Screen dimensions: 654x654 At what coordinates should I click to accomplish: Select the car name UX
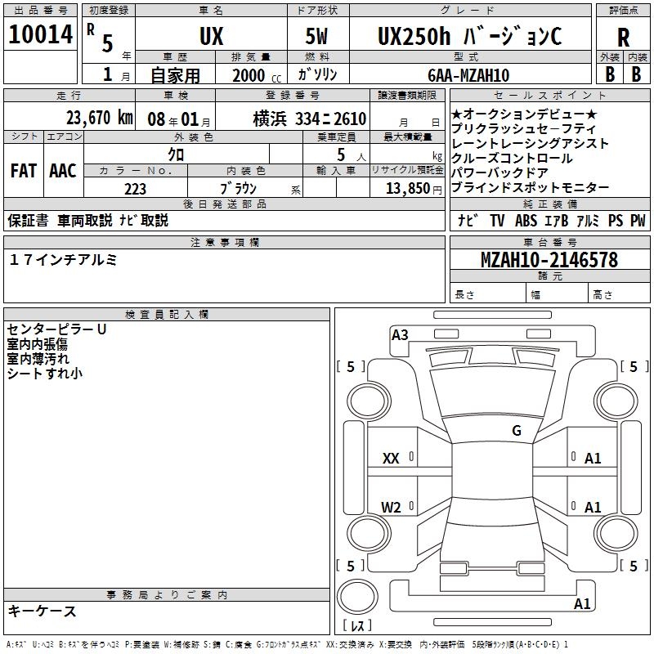point(211,37)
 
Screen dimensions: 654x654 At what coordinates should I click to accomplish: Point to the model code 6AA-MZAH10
point(469,75)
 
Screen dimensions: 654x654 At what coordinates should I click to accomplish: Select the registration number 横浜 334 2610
point(298,119)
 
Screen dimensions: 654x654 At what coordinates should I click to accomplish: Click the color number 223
point(136,189)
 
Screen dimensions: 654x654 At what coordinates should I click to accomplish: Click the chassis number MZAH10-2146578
point(549,261)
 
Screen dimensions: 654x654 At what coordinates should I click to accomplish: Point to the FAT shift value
point(23,170)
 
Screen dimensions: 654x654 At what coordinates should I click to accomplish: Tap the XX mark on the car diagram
point(391,459)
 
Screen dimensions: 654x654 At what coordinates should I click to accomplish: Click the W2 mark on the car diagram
point(391,508)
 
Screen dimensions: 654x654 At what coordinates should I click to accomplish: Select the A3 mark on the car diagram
point(400,334)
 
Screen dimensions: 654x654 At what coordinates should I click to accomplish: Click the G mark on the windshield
point(517,431)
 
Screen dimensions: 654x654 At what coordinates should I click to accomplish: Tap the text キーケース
point(43,611)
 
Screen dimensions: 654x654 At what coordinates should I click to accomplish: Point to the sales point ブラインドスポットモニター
point(530,188)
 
